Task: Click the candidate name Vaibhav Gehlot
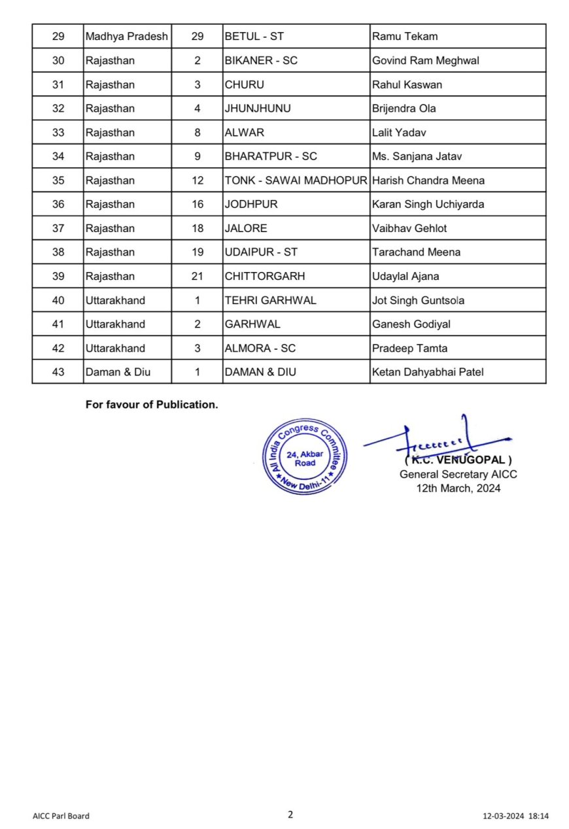point(409,228)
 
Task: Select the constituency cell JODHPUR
point(251,204)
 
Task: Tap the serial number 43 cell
point(58,372)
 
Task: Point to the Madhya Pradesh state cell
point(126,37)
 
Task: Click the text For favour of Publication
point(152,405)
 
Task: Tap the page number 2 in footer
point(290,814)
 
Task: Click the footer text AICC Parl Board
point(61,816)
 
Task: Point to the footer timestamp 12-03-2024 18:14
point(515,816)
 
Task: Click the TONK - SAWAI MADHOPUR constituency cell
point(296,180)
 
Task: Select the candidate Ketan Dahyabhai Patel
point(428,372)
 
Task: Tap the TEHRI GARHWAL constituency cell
point(270,300)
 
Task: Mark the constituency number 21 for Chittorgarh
point(198,276)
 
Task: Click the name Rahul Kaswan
point(407,84)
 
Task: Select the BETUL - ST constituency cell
point(252,37)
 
